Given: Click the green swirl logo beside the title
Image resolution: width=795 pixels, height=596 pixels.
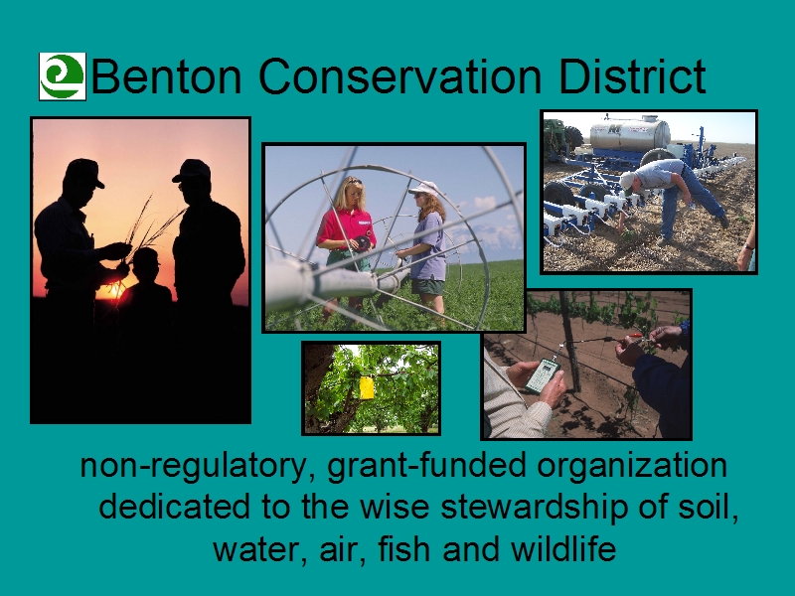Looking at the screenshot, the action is pos(63,76).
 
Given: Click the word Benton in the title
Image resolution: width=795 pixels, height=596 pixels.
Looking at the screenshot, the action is pos(166,76).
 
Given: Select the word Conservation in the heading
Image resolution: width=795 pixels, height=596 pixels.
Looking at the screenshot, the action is pos(399,76).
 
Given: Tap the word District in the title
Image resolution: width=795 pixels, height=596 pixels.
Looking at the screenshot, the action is pos(632,75).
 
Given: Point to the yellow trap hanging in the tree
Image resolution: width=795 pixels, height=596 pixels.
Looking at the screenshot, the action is pos(367,387).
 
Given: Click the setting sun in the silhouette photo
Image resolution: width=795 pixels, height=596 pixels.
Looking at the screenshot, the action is pos(112,291).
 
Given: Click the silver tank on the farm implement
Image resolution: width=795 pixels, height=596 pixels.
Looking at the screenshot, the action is pos(630,133).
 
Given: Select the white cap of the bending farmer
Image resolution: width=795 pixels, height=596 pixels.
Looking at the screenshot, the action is pos(627,181).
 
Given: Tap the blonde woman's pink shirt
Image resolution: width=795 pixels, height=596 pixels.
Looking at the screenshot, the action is pos(347,228).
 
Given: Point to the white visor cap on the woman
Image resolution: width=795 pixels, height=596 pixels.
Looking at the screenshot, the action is pos(425,189).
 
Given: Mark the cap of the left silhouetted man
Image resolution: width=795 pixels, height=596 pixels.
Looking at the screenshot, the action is pos(83,172).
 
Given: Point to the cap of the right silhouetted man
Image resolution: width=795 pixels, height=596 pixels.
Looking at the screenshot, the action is pos(193,170).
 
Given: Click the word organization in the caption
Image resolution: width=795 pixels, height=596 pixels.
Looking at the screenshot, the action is pos(632,466).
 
